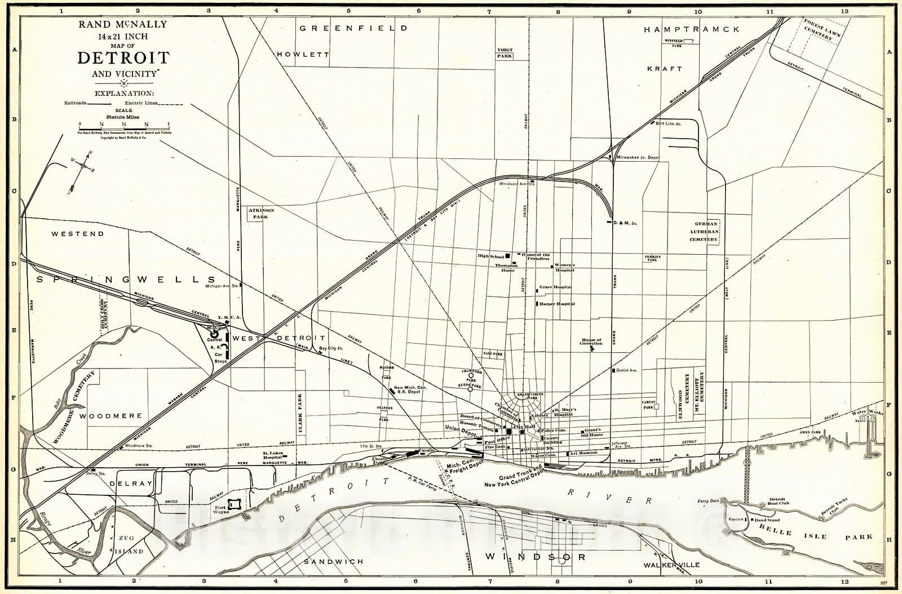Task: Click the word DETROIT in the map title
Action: pos(123,57)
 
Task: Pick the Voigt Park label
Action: pos(505,53)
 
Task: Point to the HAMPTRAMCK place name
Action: pos(691,30)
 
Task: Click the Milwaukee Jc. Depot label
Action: pos(638,158)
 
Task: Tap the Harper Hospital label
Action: pos(556,304)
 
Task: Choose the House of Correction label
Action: pos(591,342)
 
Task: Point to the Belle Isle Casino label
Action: pos(735,519)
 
